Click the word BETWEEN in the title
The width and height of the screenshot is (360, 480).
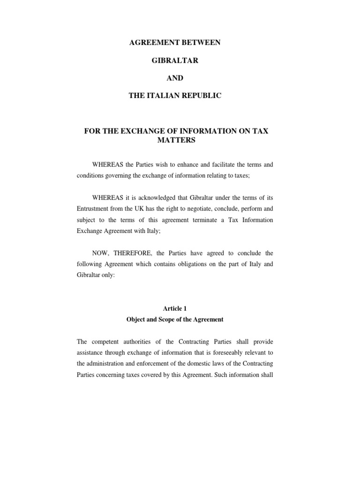pyautogui.click(x=198, y=43)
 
